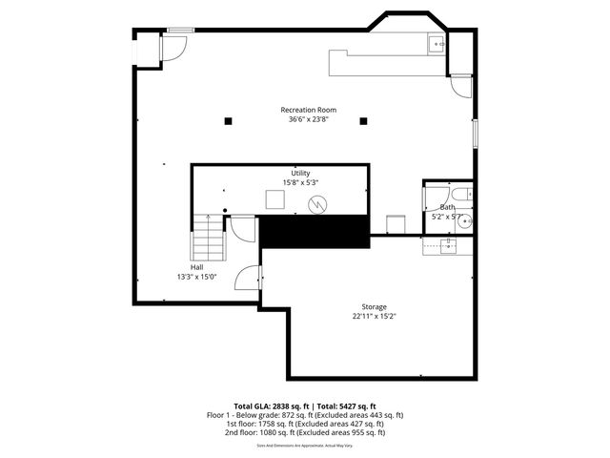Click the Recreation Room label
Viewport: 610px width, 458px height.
pos(308,110)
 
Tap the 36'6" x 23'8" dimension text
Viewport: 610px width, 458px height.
pos(308,119)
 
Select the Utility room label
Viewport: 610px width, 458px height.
pos(300,173)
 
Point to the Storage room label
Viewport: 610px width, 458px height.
pos(373,306)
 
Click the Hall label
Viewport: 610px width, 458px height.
pos(196,267)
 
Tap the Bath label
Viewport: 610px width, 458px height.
pos(447,207)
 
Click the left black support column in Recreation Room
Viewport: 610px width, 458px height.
pos(228,121)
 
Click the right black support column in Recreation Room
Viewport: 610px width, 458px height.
pos(363,121)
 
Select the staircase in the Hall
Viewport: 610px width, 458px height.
pos(208,239)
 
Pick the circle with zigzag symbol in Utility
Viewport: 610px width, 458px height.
pos(320,203)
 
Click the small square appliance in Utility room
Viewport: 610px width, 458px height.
pos(274,199)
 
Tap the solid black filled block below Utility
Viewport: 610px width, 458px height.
pos(314,232)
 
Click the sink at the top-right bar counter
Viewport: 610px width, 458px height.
pos(436,43)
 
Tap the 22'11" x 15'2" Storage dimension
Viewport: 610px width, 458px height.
pos(373,316)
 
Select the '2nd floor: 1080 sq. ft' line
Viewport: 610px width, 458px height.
pos(305,432)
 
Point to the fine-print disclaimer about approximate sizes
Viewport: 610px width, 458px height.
pos(305,446)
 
